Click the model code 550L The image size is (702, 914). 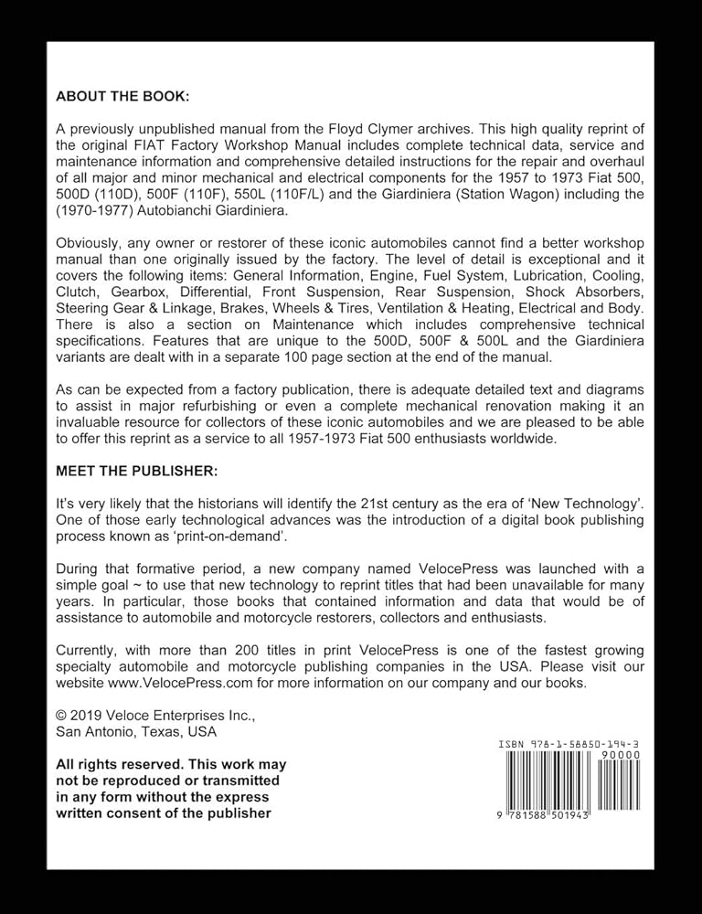pyautogui.click(x=258, y=195)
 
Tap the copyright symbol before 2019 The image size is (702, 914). pyautogui.click(x=62, y=716)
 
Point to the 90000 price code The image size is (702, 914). pyautogui.click(x=621, y=756)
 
